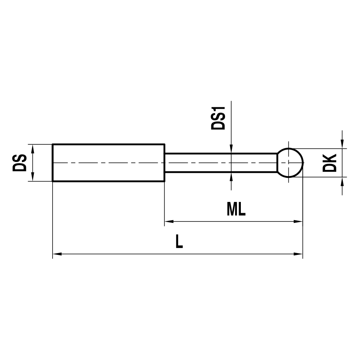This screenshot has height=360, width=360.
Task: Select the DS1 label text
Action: (218, 118)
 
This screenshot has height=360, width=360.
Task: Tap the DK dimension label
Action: (329, 163)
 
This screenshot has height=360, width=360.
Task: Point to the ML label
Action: (236, 209)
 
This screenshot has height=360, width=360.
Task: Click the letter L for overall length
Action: (179, 242)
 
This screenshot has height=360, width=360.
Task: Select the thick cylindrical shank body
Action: (108, 163)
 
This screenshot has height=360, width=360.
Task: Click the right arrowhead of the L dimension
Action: (298, 254)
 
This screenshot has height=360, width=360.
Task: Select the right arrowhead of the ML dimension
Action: (298, 221)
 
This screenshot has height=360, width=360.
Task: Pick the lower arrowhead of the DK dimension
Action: (342, 181)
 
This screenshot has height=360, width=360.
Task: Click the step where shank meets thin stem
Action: (165, 163)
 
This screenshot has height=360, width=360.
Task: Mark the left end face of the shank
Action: (53, 163)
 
